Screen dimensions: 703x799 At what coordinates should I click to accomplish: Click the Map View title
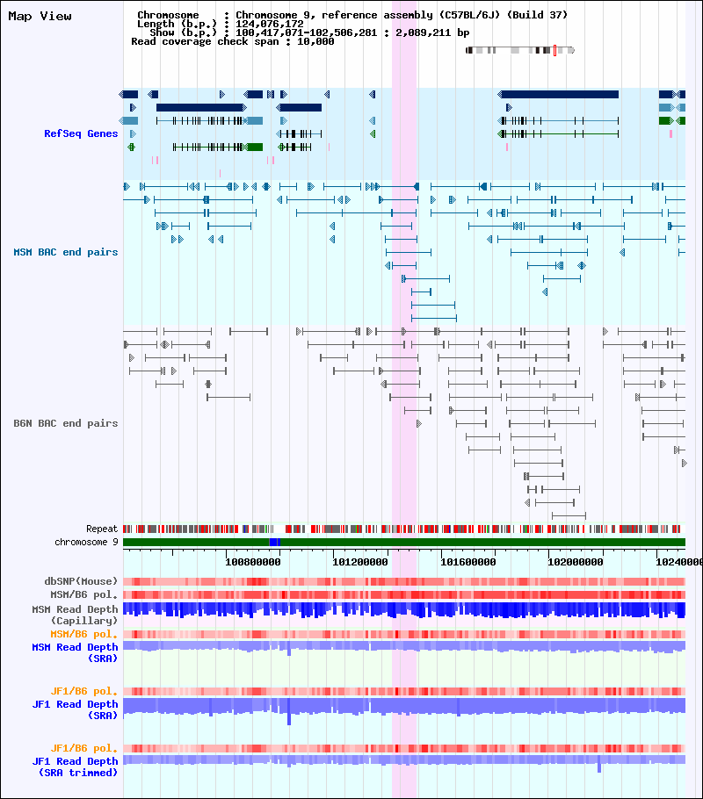pos(40,17)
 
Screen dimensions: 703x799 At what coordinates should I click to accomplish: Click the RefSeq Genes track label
pos(81,133)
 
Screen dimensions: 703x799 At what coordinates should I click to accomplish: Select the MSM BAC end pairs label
pos(65,252)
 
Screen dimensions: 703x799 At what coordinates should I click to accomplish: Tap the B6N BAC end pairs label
pos(65,423)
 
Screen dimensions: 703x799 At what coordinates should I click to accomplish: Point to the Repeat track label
pos(102,529)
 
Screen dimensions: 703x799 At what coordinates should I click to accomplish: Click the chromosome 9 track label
pos(86,543)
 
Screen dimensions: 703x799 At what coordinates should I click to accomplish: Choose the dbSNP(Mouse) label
pos(81,581)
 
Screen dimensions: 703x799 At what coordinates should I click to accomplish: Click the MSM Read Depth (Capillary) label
pos(75,615)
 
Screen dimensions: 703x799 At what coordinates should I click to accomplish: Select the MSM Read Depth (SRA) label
pos(75,652)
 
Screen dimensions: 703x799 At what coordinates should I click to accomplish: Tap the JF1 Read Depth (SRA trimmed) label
pos(75,767)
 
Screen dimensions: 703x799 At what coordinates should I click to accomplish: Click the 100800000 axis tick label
pos(252,562)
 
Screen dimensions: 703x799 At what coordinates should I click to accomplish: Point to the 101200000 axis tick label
pos(360,562)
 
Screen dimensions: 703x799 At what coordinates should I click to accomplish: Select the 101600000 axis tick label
pos(467,562)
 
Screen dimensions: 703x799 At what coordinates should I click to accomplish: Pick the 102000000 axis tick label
pos(576,562)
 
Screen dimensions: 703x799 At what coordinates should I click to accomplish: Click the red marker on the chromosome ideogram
pos(555,50)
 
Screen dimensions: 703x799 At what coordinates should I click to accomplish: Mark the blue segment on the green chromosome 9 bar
pos(274,543)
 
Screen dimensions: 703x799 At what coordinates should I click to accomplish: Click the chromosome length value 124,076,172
pos(270,24)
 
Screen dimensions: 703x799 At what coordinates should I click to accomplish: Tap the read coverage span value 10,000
pos(315,41)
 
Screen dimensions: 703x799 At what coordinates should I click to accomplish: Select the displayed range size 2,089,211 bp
pos(432,32)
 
